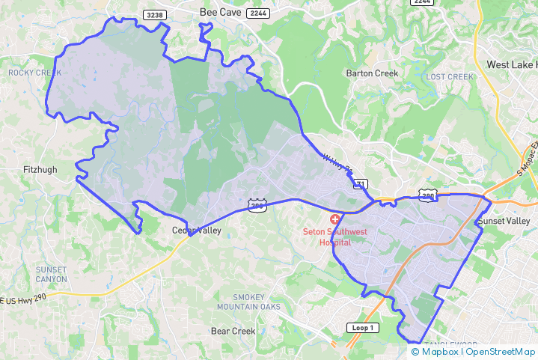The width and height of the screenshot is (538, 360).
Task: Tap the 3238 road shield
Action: coord(154,14)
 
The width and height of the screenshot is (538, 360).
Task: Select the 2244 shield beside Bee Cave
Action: coord(258,13)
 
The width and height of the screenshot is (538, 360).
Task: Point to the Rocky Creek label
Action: coord(34,73)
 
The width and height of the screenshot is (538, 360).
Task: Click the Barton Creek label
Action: coord(372,73)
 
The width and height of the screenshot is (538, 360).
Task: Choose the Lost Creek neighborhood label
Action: coord(450,77)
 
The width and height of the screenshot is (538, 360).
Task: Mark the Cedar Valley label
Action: coord(196,231)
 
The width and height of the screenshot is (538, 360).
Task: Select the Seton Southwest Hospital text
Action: coord(334,237)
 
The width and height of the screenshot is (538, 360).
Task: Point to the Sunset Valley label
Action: coord(505,222)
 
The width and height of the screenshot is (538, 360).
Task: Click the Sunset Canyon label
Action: coord(51,274)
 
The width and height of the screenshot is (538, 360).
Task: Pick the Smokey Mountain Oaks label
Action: coord(248,302)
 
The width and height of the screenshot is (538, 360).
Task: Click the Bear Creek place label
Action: coord(233,331)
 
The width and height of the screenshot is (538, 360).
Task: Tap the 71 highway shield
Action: coord(360,184)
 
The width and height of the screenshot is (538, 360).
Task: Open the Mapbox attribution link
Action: coord(436,352)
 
